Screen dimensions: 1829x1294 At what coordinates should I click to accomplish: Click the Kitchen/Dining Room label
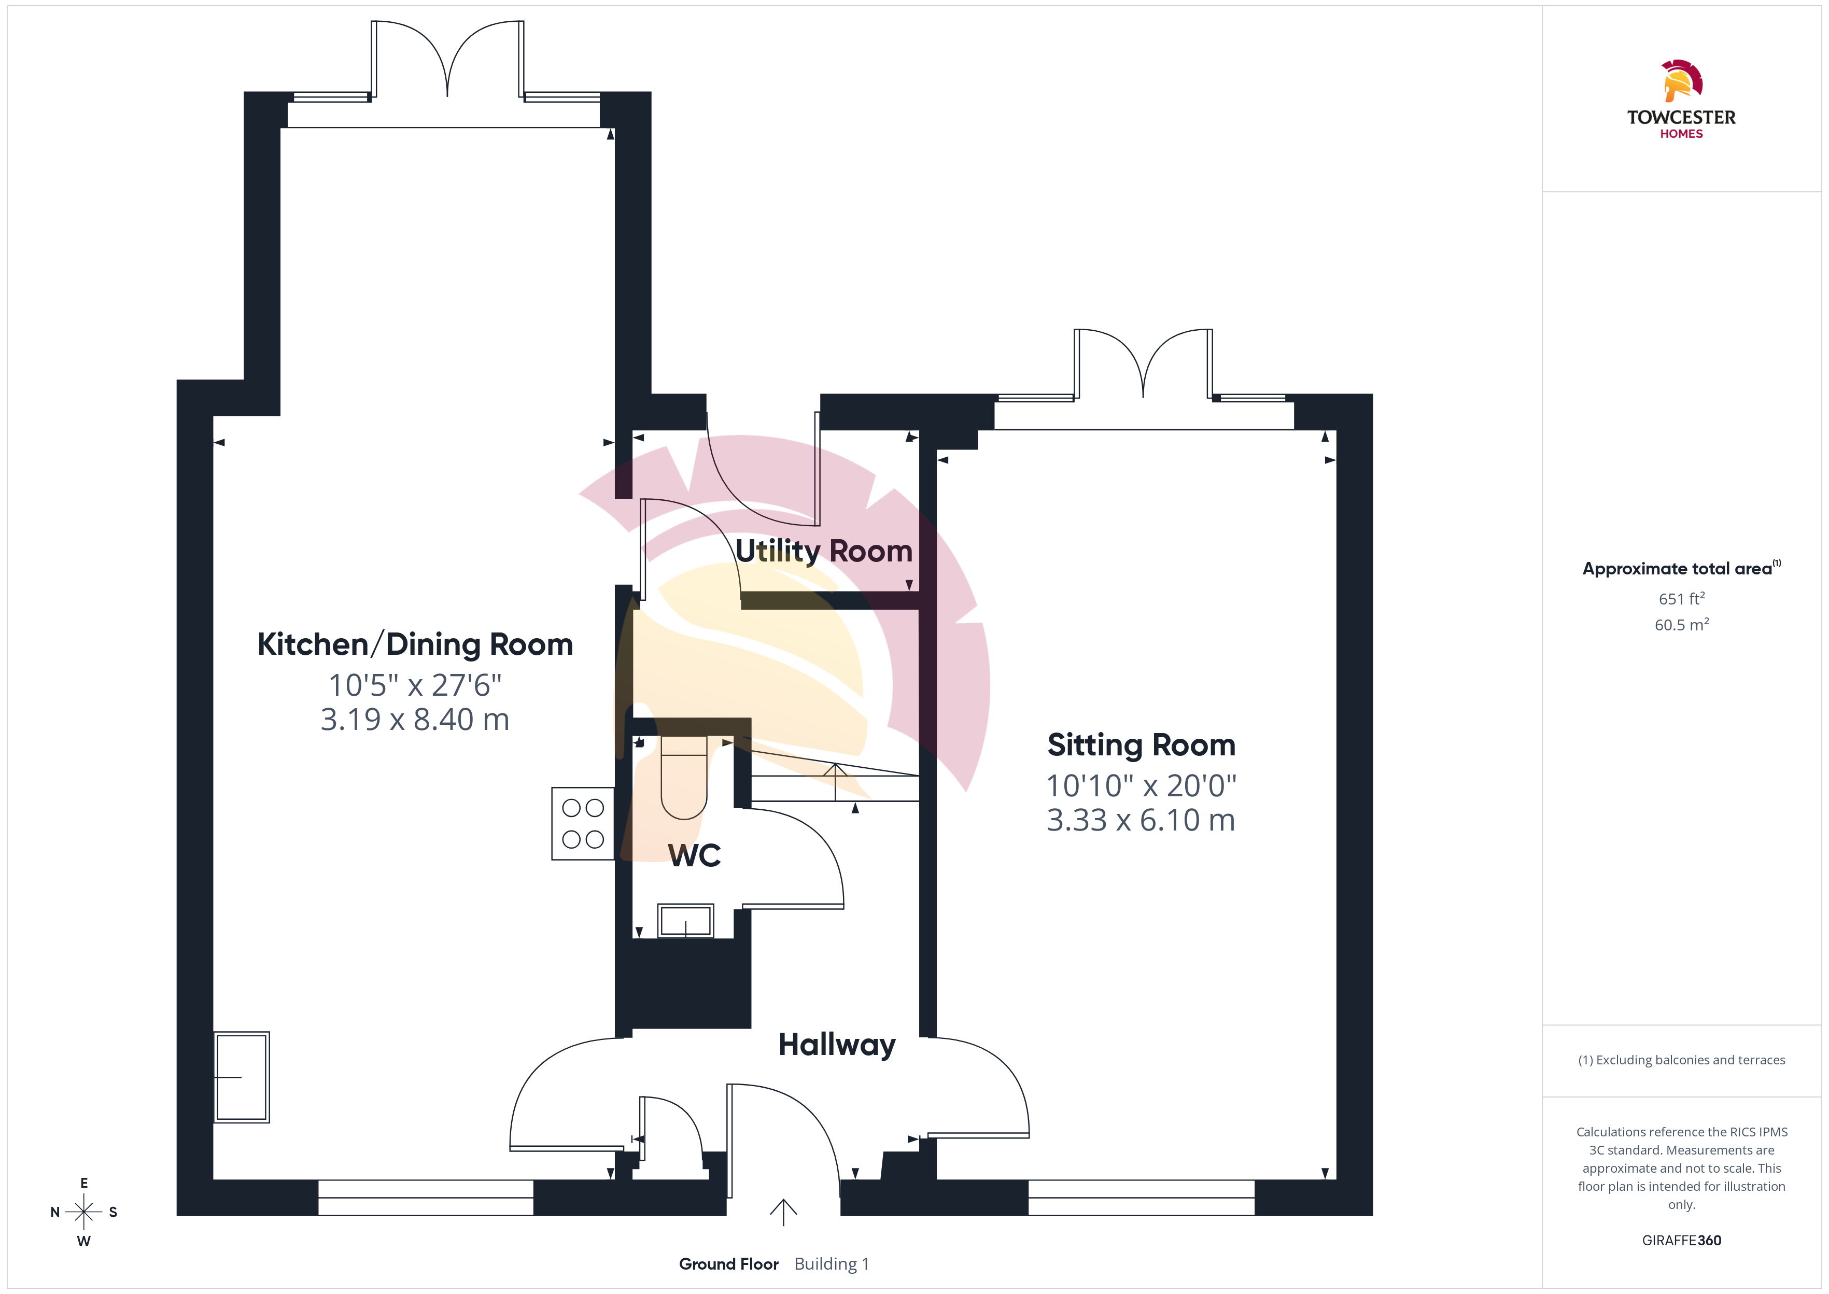tap(415, 644)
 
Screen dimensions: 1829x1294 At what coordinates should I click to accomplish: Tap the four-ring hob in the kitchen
tap(583, 824)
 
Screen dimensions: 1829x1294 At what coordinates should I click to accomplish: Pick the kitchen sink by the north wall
tap(242, 1077)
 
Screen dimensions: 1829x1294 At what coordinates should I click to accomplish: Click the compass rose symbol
tap(83, 1212)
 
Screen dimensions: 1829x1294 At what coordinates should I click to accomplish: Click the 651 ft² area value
tap(1682, 598)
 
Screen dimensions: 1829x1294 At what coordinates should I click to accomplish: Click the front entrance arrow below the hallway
tap(783, 1212)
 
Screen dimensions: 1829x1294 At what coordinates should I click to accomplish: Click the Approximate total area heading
tap(1682, 568)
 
